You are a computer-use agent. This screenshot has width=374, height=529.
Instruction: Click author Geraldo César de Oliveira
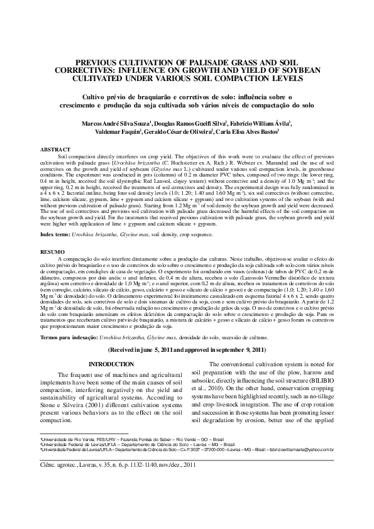point(178,134)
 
